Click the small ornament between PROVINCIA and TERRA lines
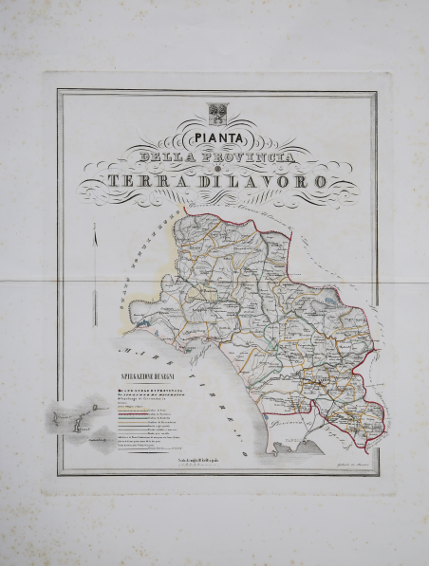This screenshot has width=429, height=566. [216, 168]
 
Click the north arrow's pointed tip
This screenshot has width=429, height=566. [94, 224]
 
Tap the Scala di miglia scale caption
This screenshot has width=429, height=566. [203, 460]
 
